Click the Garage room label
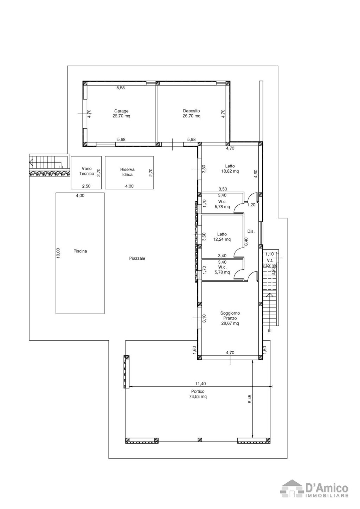[x=121, y=111]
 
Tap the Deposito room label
[x=191, y=111]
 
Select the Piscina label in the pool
[x=80, y=251]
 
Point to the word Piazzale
[x=137, y=258]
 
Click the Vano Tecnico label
[x=86, y=171]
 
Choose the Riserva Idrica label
[x=127, y=172]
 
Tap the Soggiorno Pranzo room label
[x=230, y=315]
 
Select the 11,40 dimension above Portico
[x=200, y=384]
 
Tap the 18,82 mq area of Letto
[x=230, y=171]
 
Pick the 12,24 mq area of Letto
[x=222, y=239]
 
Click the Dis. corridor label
[x=251, y=231]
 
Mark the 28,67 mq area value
[x=230, y=323]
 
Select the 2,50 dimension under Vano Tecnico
[x=86, y=186]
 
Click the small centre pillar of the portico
[x=200, y=439]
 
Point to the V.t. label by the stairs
[x=270, y=260]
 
